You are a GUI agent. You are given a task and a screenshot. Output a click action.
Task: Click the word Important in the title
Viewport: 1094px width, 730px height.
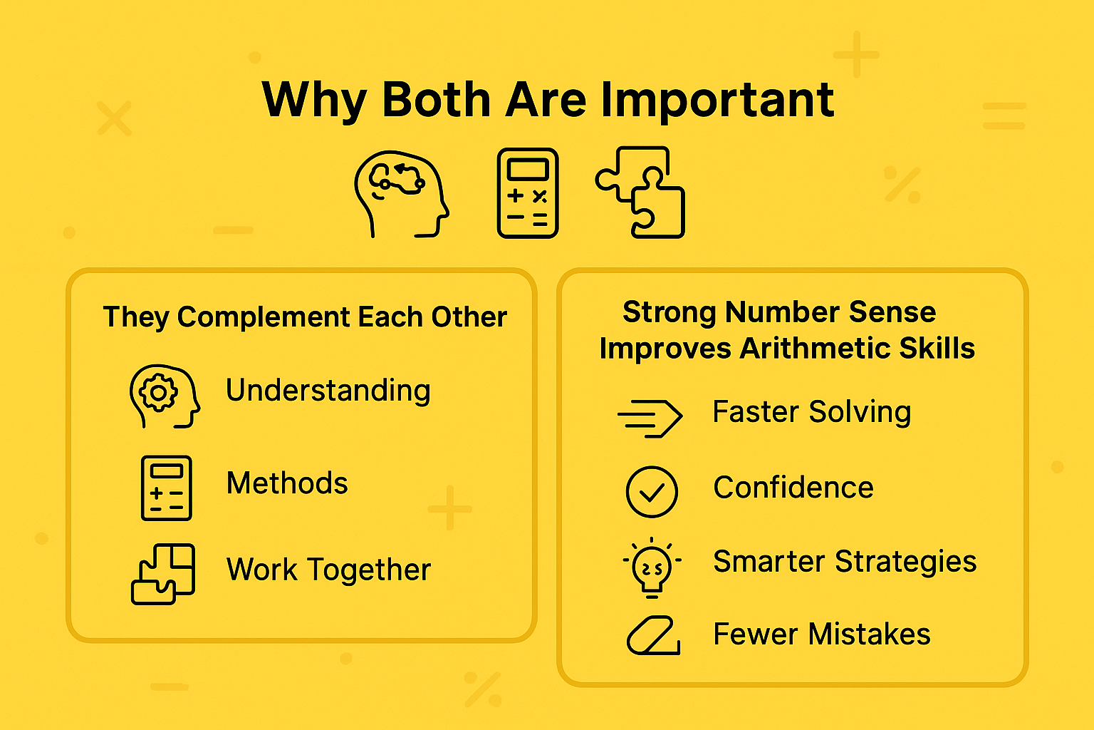[717, 100]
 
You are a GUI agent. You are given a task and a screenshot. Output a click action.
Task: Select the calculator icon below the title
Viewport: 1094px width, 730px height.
[527, 193]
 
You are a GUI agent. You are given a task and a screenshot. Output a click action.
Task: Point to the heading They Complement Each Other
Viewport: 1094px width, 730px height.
[305, 317]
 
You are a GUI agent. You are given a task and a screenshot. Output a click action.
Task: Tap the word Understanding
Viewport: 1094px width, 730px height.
[328, 391]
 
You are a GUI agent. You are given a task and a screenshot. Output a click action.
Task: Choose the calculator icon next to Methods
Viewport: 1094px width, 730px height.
[166, 488]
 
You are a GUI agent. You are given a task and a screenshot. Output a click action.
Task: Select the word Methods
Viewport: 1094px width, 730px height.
[287, 483]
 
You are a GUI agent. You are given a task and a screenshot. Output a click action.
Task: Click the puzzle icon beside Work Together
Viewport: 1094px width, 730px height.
[163, 574]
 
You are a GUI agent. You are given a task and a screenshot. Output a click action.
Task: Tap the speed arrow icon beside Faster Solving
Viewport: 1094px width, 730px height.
[650, 417]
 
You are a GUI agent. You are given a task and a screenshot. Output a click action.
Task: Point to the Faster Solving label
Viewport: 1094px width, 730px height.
[812, 412]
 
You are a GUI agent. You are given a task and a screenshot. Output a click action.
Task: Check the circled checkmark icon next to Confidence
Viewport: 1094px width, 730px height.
[652, 491]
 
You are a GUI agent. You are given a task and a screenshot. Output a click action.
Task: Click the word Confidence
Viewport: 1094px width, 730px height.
[793, 488]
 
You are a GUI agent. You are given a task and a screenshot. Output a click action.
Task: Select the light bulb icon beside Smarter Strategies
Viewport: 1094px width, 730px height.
[652, 567]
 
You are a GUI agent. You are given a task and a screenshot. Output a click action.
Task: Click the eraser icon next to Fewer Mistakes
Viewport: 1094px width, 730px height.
[652, 636]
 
